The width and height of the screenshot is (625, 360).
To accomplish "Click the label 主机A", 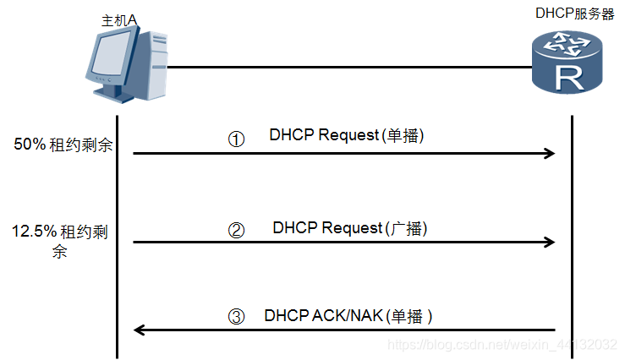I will click(x=118, y=20).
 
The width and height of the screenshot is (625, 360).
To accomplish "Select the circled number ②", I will click(x=237, y=229).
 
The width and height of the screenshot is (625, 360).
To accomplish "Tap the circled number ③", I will click(x=237, y=317).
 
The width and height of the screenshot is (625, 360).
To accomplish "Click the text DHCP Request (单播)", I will click(x=345, y=135).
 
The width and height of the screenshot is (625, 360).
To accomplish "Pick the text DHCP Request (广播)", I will click(x=350, y=228).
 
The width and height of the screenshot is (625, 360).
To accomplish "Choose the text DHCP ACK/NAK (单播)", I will click(x=348, y=316).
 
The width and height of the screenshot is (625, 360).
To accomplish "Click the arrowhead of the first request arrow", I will click(x=550, y=153).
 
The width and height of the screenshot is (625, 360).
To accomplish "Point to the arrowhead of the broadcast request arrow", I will click(x=550, y=242).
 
